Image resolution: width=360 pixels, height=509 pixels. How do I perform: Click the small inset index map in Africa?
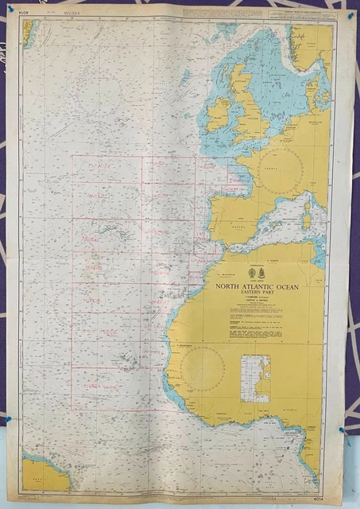point(255,378)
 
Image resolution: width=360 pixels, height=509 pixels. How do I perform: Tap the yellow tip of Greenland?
point(29,30)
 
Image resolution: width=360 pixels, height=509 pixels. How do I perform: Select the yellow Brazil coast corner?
point(44,474)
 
